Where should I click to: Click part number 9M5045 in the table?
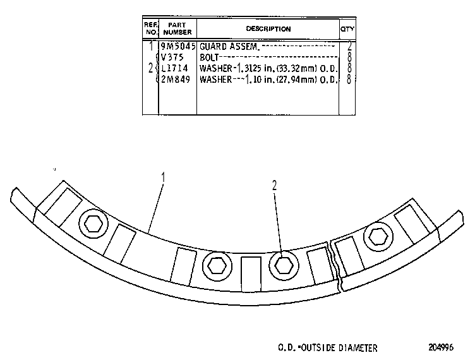[x=178, y=46]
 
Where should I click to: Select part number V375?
[x=172, y=57]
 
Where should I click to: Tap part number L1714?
[x=174, y=68]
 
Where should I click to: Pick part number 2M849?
[x=176, y=80]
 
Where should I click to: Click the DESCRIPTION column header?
[x=268, y=29]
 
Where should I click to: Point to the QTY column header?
[x=347, y=29]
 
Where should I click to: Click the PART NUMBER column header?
[x=177, y=28]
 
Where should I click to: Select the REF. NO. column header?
[x=150, y=28]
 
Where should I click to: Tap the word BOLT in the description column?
[x=209, y=57]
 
